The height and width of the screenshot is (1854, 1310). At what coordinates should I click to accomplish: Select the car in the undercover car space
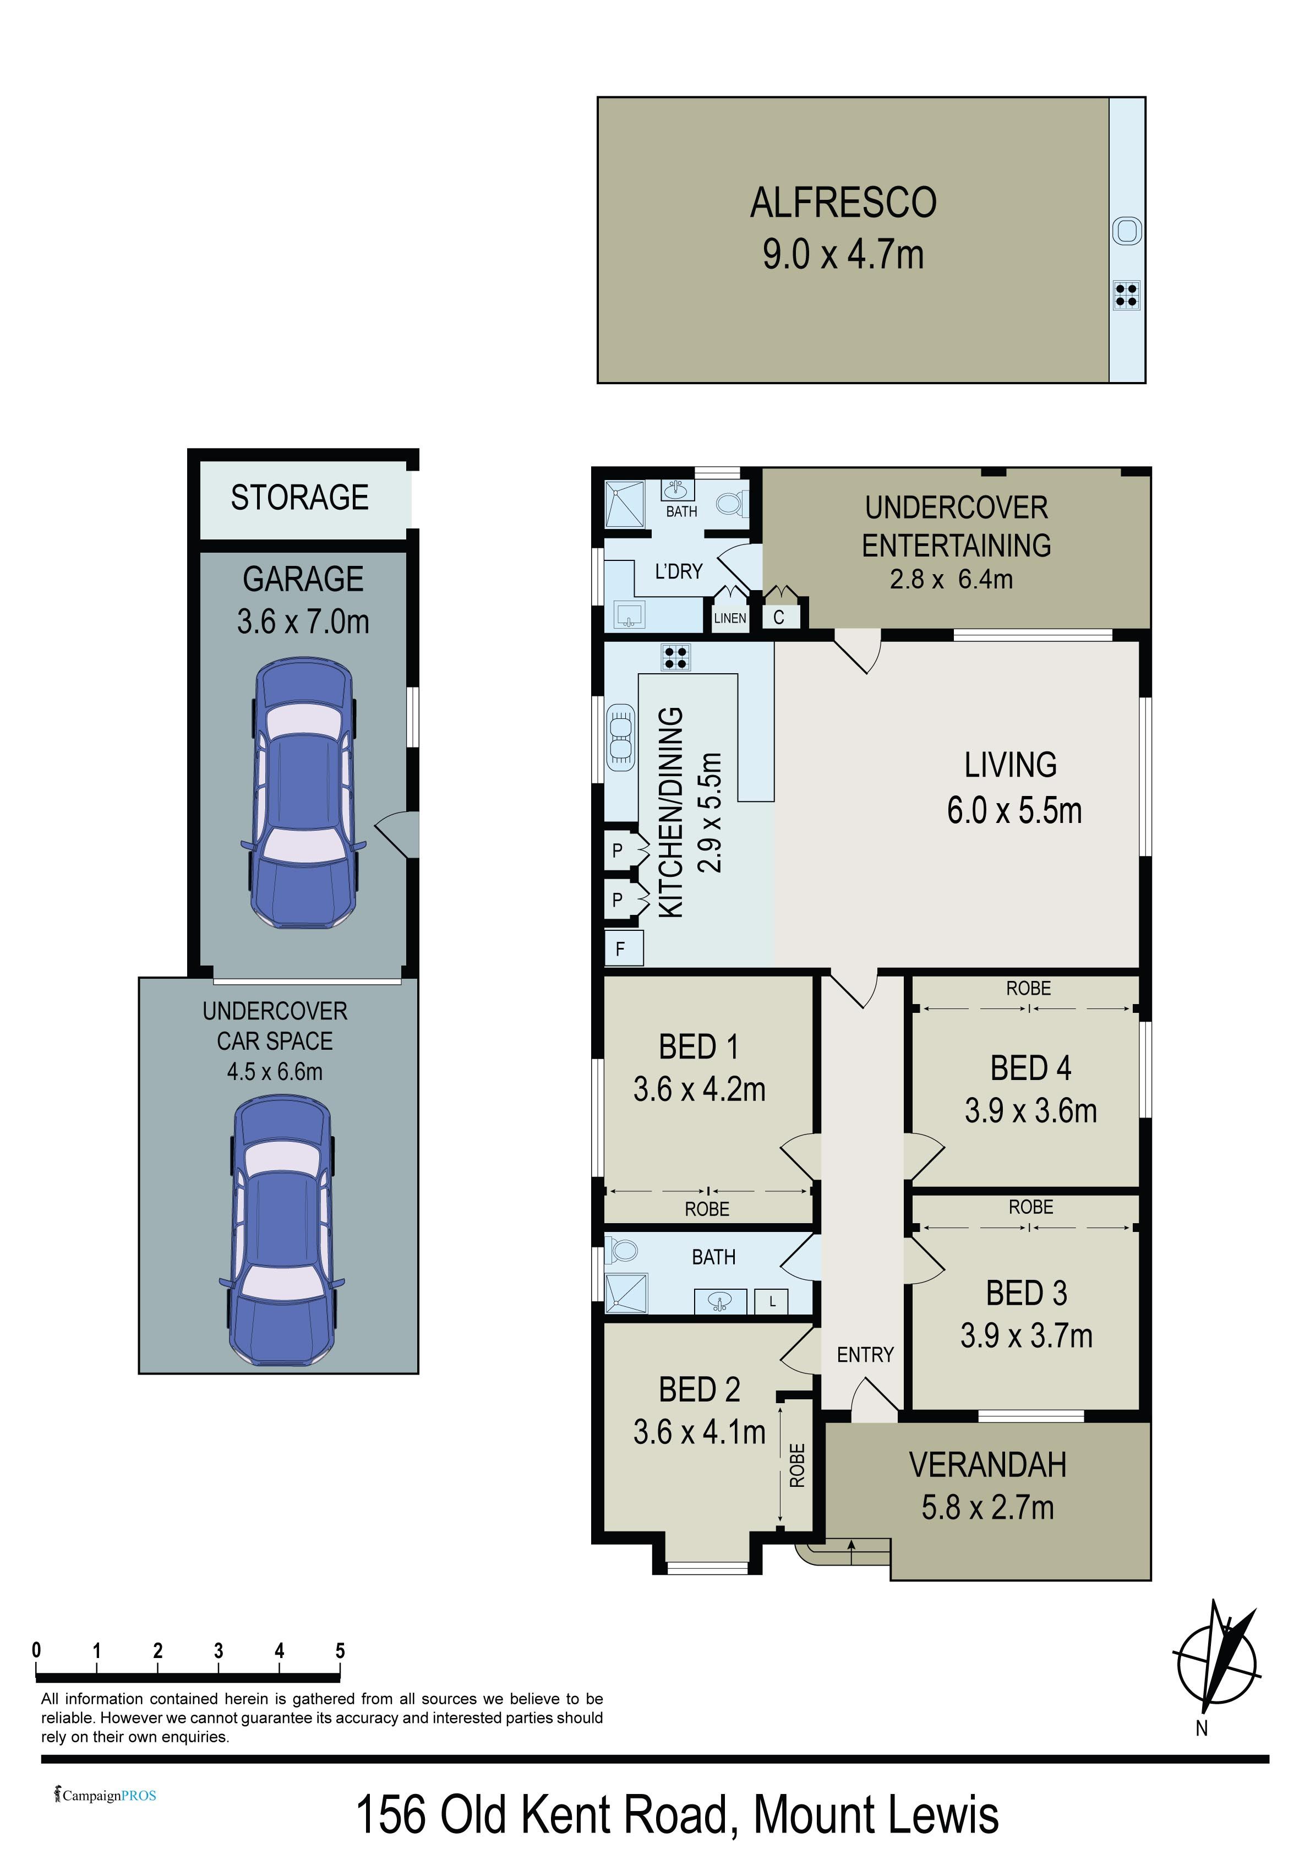(x=282, y=1231)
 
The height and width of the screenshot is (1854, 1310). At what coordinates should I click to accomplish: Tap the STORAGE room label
(x=299, y=498)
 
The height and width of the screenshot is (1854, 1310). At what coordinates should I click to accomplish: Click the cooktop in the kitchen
(x=675, y=657)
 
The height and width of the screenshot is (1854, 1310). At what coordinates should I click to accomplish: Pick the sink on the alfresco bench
(x=1127, y=232)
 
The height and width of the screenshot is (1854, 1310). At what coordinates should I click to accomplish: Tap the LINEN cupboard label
(x=730, y=619)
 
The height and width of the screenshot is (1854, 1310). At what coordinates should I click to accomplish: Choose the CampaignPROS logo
(x=105, y=1796)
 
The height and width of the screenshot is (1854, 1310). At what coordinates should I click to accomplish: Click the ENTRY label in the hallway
(x=865, y=1355)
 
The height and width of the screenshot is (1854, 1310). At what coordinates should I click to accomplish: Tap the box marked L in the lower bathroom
(x=771, y=1302)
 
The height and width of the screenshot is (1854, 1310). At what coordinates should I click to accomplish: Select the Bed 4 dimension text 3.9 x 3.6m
(x=1030, y=1111)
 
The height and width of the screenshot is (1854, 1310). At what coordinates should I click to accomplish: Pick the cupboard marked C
(x=780, y=617)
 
